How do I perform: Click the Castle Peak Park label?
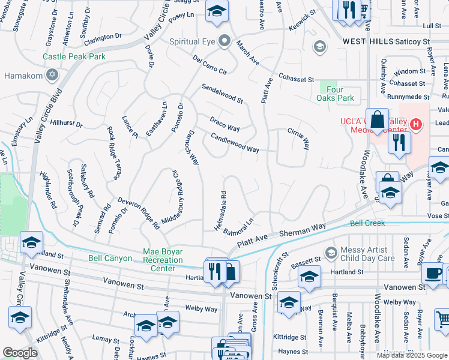pyautogui.click(x=74, y=57)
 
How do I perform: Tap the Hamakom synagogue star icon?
pyautogui.click(x=52, y=76)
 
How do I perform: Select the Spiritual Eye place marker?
pyautogui.click(x=224, y=41)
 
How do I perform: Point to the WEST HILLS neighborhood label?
pyautogui.click(x=368, y=41)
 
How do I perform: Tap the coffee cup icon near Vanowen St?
pyautogui.click(x=432, y=274)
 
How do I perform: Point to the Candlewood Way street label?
pyautogui.click(x=234, y=142)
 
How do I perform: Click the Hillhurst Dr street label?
pyautogui.click(x=66, y=123)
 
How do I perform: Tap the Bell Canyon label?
pyautogui.click(x=110, y=258)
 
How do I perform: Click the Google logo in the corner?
pyautogui.click(x=20, y=353)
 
